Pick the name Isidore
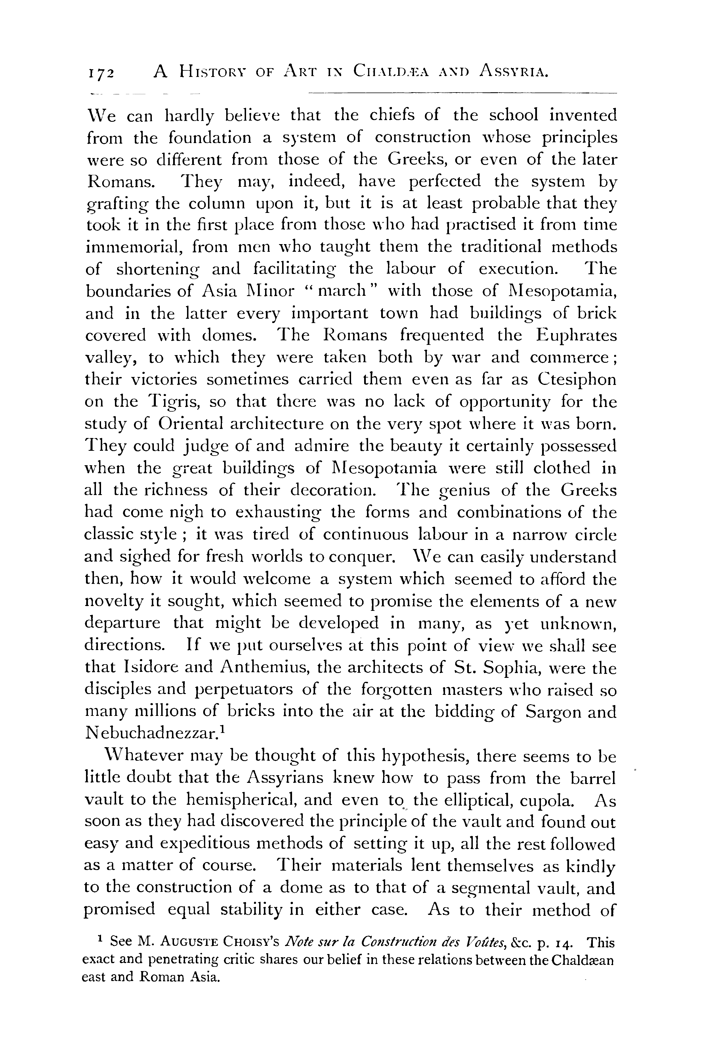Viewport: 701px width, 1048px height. (x=148, y=668)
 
